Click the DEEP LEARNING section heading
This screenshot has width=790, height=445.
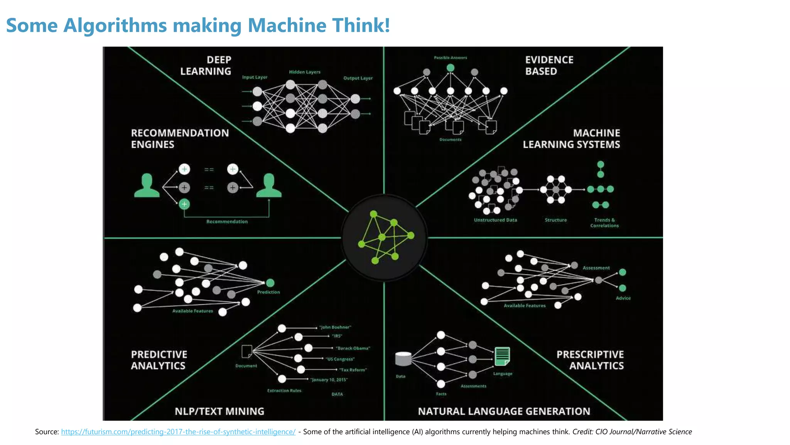tap(206, 66)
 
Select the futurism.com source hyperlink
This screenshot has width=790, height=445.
tap(178, 432)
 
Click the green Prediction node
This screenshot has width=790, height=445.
tap(270, 283)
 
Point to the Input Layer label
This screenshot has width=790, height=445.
tap(255, 77)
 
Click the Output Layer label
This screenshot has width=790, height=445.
tap(358, 78)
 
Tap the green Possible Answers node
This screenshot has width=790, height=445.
tap(450, 68)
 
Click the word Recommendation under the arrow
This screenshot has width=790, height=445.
tap(227, 222)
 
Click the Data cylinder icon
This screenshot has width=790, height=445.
tap(403, 359)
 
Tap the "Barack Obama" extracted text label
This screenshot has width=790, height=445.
tap(353, 348)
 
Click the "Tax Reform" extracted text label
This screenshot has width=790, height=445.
tap(353, 370)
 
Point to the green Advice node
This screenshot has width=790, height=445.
tap(622, 288)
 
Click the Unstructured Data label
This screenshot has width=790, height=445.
tap(495, 220)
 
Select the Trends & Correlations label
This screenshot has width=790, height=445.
tap(604, 223)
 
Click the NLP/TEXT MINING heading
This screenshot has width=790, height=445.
tap(219, 411)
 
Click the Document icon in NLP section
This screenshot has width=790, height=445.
tap(246, 352)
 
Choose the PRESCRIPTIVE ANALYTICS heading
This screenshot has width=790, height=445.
tap(590, 360)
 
